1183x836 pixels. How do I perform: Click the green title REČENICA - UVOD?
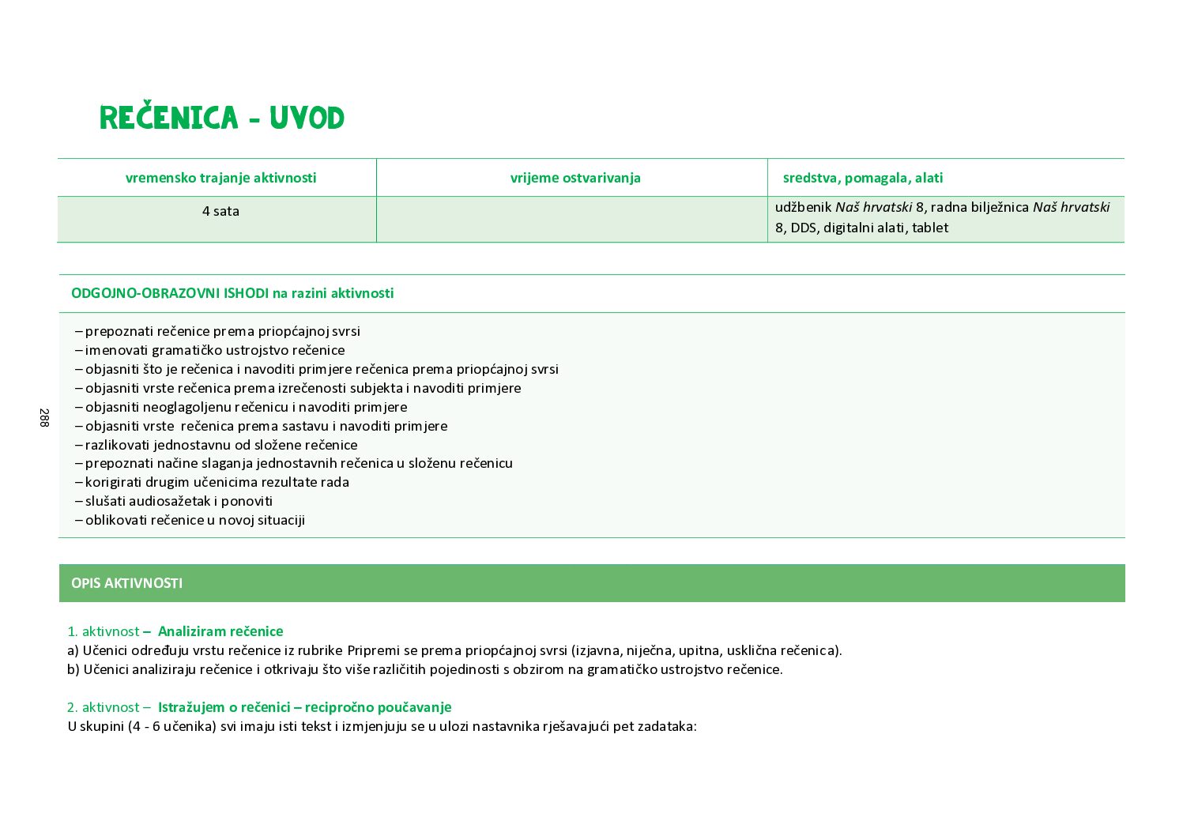[x=222, y=119]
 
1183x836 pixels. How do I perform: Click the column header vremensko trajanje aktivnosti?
[x=220, y=178]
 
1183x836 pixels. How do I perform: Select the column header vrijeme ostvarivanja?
[x=575, y=178]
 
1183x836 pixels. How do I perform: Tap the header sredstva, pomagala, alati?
[x=862, y=178]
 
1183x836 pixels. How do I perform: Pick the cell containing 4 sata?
[x=220, y=211]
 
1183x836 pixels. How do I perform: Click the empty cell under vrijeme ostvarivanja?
[x=571, y=219]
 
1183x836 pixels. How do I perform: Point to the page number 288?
[x=43, y=418]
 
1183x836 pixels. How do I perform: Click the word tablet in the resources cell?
[x=930, y=228]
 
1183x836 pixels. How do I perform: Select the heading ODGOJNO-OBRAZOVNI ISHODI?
[x=170, y=293]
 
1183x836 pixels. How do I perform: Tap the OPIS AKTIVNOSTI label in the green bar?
[x=126, y=583]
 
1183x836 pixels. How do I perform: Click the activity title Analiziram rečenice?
[x=220, y=631]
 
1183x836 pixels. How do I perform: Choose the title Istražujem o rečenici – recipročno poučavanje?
[x=304, y=707]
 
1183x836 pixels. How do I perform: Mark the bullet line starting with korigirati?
[x=212, y=482]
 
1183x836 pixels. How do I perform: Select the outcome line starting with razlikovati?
[x=217, y=445]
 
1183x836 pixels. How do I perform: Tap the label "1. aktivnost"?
[x=103, y=631]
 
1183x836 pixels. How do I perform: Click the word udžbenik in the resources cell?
[x=804, y=207]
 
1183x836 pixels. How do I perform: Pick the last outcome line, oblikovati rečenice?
[x=190, y=520]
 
